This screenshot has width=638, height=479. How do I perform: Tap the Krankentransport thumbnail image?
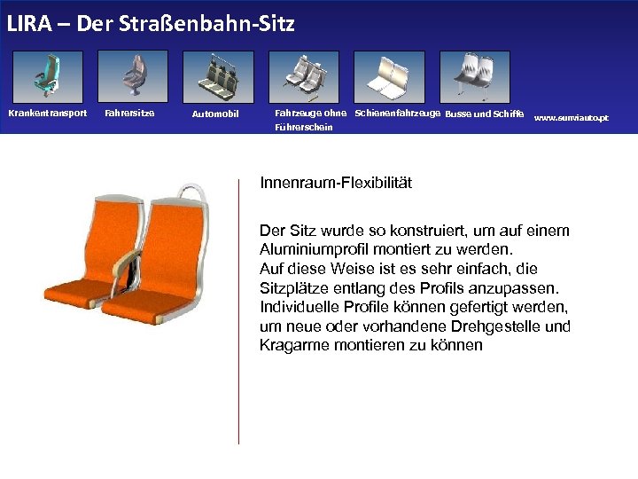[x=48, y=77]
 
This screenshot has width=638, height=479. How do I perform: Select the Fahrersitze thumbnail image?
[x=132, y=77]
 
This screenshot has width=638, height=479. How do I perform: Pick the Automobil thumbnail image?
[x=217, y=77]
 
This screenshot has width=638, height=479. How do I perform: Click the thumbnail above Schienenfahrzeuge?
[x=388, y=77]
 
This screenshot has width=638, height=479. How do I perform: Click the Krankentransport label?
[x=48, y=113]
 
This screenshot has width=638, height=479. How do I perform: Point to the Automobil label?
[x=215, y=114]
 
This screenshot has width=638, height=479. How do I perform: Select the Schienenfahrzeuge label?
[x=397, y=113]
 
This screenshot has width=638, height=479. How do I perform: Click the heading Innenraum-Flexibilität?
[x=336, y=184]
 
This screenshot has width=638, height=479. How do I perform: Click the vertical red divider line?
[x=238, y=310]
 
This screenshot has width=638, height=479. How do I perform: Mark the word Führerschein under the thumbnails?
[x=303, y=128]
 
